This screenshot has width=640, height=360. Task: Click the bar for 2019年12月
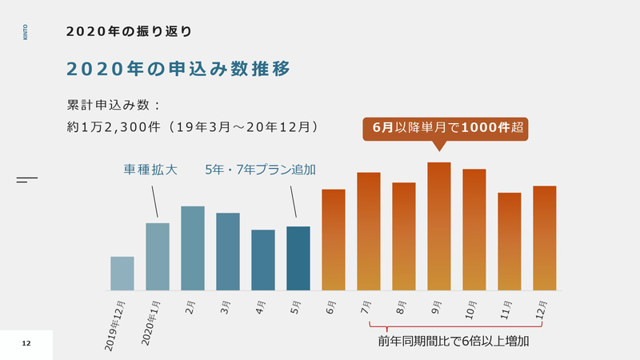[122, 274]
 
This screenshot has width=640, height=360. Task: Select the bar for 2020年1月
[158, 257]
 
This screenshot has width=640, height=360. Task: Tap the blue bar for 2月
[193, 248]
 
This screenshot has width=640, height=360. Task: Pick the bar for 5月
[298, 258]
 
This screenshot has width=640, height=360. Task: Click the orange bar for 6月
[333, 240]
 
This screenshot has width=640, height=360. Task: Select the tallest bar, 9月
[439, 226]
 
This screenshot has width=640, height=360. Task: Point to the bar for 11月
[510, 242]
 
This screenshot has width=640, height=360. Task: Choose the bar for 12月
[545, 238]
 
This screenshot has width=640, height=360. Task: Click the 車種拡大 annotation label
[150, 170]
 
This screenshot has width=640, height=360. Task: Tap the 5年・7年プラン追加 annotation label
[260, 170]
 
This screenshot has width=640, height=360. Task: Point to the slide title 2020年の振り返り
[128, 31]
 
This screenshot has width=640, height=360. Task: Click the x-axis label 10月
[470, 309]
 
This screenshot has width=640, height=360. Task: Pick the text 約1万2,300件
[115, 126]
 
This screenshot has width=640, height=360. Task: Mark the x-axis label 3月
[226, 306]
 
